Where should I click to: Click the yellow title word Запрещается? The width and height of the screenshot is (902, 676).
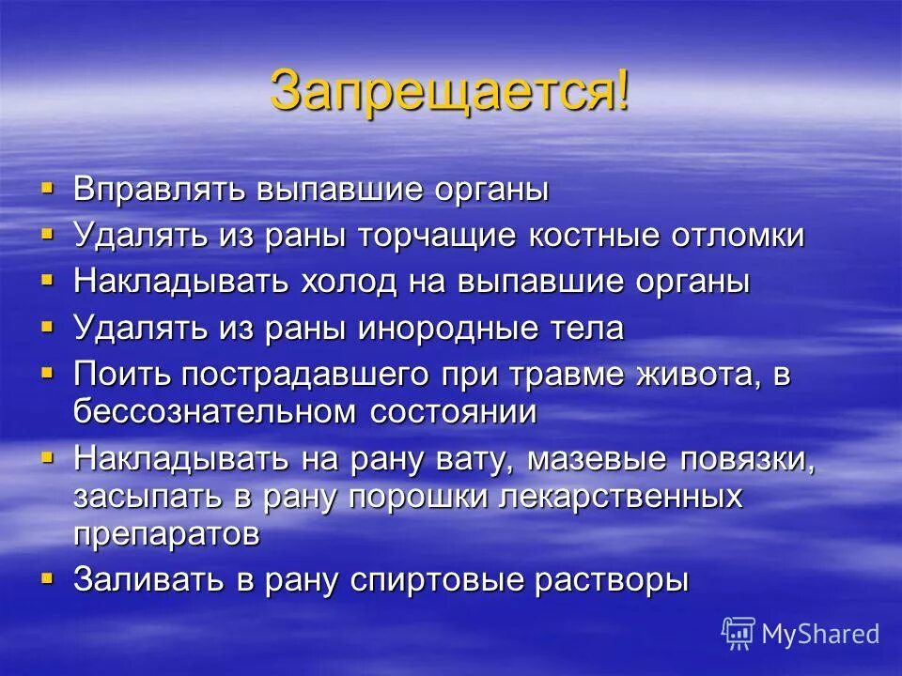[450, 91]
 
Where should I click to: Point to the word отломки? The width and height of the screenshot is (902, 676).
[738, 236]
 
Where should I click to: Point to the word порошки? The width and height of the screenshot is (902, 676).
[417, 497]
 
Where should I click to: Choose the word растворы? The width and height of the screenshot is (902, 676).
[612, 580]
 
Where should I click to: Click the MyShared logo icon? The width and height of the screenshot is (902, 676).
[739, 633]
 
